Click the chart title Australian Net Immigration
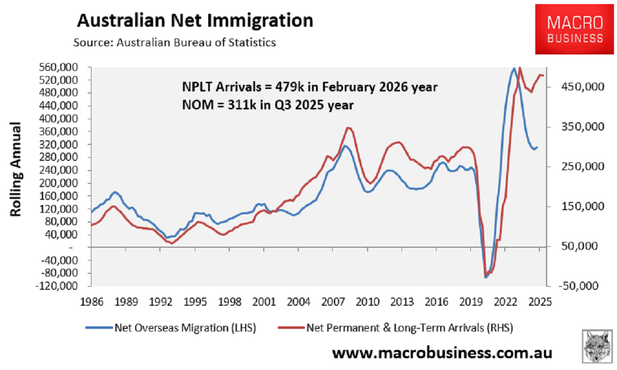pos(195,21)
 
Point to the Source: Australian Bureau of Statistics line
pos(174,43)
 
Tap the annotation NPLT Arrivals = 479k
pos(310,87)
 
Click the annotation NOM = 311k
pos(267,105)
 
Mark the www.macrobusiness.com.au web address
pos(442,354)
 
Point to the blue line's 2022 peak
pos(514,68)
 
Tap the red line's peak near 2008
pos(349,127)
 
